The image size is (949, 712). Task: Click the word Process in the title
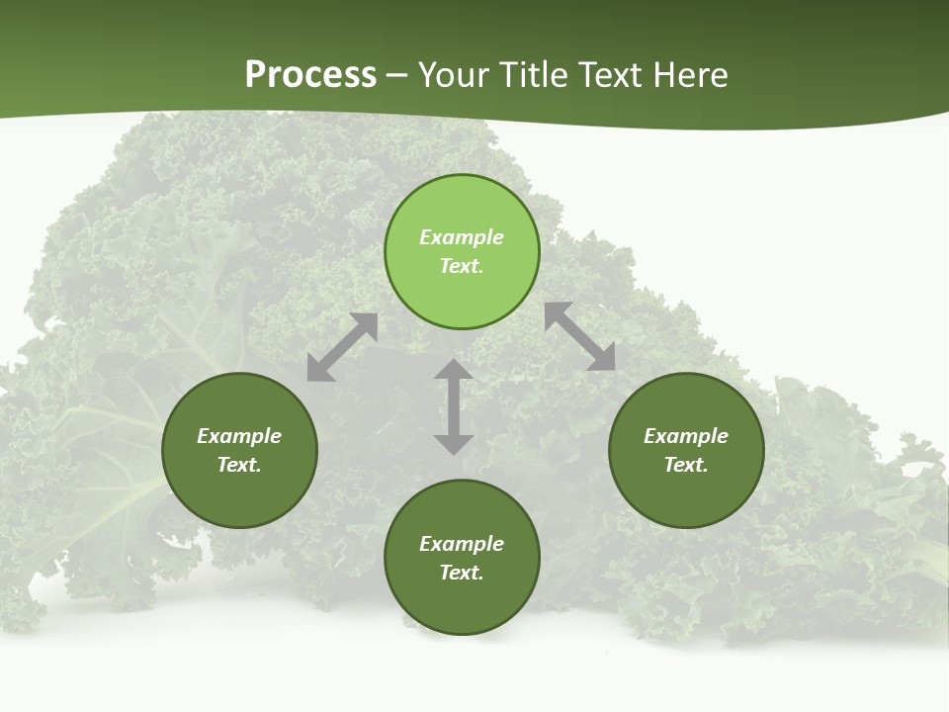click(x=310, y=75)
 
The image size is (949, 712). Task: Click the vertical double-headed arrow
click(x=454, y=406)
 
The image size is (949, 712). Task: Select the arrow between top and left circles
click(x=342, y=347)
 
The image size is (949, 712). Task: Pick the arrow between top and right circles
click(x=579, y=336)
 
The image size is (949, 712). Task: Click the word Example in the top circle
click(x=462, y=237)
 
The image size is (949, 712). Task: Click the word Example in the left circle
click(x=239, y=436)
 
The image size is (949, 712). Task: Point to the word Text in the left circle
click(x=239, y=465)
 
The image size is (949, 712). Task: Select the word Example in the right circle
click(x=686, y=436)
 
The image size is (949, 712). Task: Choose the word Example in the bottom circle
click(x=462, y=544)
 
